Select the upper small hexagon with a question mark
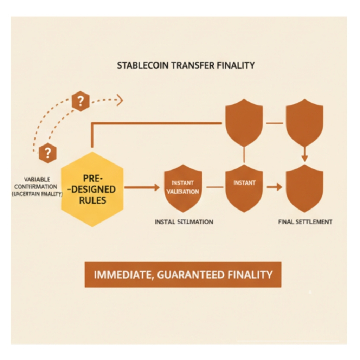(80, 101)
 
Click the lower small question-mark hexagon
(48, 153)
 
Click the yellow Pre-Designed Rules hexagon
(92, 189)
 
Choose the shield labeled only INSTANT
(244, 187)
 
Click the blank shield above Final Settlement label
(304, 188)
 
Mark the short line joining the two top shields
(274, 123)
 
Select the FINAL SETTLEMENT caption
(305, 222)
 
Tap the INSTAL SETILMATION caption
(184, 222)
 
